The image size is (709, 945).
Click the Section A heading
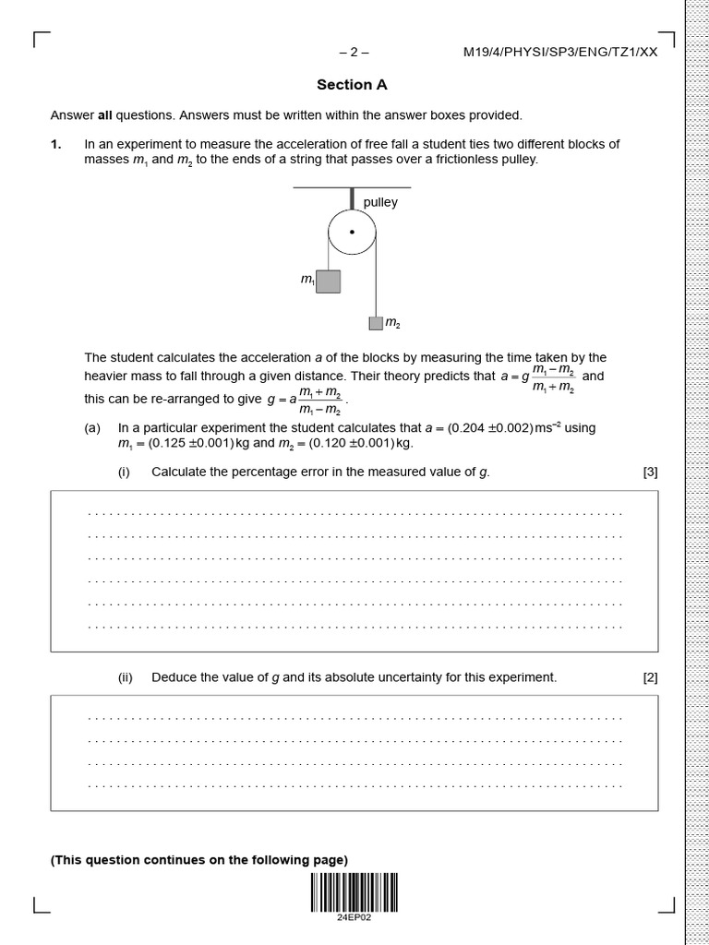(x=352, y=85)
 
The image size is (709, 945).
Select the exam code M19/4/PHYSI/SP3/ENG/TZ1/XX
(x=560, y=53)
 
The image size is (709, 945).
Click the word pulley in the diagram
(x=380, y=202)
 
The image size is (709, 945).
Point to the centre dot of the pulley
(x=352, y=233)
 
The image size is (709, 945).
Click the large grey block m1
(x=328, y=281)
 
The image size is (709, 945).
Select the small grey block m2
(x=376, y=323)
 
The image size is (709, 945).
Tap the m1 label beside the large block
(x=307, y=280)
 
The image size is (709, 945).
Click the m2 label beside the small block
(x=392, y=323)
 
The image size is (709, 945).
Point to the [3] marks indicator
(x=650, y=472)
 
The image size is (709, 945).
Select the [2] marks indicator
(x=650, y=677)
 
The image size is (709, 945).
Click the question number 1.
(x=55, y=144)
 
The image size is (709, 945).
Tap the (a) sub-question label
(x=92, y=428)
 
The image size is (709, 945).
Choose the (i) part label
(x=124, y=472)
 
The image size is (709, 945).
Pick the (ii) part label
(x=126, y=677)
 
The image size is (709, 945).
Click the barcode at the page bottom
(x=354, y=891)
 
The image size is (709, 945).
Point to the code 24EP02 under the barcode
(x=354, y=917)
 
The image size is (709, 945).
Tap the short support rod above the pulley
(x=352, y=198)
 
